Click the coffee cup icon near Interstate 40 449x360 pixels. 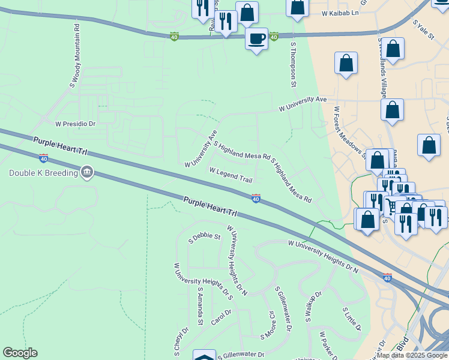257,39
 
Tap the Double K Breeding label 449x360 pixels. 44,173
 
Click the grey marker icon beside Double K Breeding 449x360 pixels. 88,173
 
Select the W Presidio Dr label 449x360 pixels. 76,124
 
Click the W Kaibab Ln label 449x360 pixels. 340,13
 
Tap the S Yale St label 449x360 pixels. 423,29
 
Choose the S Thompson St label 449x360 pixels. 294,64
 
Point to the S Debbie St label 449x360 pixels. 205,237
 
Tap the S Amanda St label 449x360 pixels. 201,305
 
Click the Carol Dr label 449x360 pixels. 221,317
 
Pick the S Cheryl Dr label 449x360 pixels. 181,338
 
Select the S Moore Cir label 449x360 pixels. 267,325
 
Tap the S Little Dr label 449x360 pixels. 352,319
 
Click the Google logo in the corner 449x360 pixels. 20,353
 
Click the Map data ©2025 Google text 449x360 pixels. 412,356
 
